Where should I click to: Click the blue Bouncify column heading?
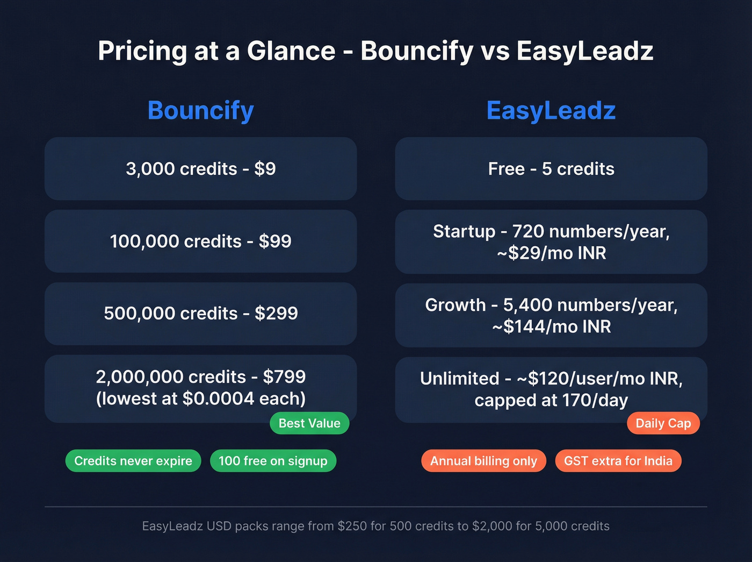[200, 111]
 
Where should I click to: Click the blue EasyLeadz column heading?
[551, 111]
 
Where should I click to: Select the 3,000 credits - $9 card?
[200, 169]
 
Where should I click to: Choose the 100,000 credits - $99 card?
[200, 241]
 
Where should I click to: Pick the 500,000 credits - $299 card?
[200, 314]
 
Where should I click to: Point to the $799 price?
[284, 377]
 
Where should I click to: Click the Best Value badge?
[309, 423]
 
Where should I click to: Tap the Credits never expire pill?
[133, 461]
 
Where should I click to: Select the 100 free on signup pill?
[273, 461]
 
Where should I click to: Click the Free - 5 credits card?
[551, 169]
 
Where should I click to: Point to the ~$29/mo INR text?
[551, 253]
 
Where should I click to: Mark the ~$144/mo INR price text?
[551, 327]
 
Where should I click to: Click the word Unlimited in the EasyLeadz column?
[459, 379]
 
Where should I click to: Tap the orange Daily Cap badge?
[663, 423]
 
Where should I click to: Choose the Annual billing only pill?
[483, 461]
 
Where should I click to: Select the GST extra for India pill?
[618, 461]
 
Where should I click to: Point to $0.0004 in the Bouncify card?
[218, 399]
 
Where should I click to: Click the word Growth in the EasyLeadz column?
[455, 305]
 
